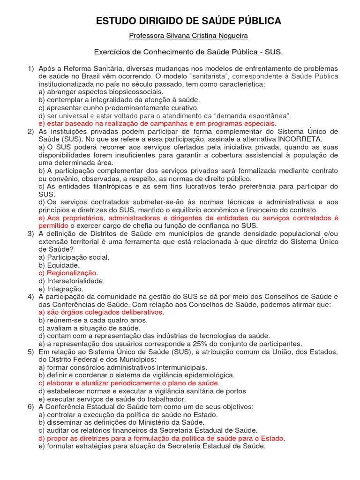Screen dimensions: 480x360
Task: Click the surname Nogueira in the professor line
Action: pos(231,36)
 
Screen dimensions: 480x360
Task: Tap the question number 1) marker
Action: pos(31,69)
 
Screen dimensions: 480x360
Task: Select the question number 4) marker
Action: pos(31,297)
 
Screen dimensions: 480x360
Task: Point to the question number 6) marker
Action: pos(31,407)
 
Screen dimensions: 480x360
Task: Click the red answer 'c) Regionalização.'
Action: pos(68,273)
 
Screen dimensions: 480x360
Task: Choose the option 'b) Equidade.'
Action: pos(59,265)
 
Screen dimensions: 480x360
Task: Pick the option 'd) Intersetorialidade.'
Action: pos(71,281)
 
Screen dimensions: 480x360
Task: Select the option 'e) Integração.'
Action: pos(61,289)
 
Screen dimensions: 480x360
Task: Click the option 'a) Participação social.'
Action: pos(74,257)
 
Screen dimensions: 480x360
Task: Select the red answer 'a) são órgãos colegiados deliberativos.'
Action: pos(101,312)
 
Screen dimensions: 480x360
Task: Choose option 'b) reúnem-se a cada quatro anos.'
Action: pos(93,320)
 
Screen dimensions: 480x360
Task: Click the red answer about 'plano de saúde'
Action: pos(129,383)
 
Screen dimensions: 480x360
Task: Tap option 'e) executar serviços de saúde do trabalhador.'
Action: pos(109,399)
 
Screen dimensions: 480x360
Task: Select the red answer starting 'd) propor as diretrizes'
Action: pos(162,438)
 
